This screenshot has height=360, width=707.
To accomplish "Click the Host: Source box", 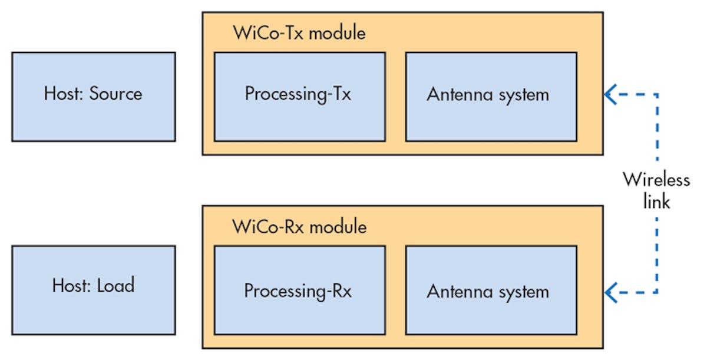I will point(93,97).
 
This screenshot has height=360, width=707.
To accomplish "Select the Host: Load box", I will point(93,290).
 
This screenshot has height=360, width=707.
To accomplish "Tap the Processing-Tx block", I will point(299,97).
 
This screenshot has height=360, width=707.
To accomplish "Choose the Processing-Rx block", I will point(299,290).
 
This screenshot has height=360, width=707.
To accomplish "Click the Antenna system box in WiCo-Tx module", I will point(491,97).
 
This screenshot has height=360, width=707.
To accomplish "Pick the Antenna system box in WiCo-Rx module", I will point(491,290).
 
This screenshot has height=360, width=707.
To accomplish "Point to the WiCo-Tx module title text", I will point(299,32).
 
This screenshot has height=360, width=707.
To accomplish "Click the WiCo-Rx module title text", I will point(299,226).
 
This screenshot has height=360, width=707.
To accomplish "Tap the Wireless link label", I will point(656,190).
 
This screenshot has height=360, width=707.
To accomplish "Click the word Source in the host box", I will point(115,94).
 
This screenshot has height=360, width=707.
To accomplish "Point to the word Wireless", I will point(656,179).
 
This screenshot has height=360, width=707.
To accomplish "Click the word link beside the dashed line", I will point(656,201).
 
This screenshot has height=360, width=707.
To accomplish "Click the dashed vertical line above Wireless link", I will point(657,130).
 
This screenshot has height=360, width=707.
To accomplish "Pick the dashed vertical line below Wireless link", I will point(657,253).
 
